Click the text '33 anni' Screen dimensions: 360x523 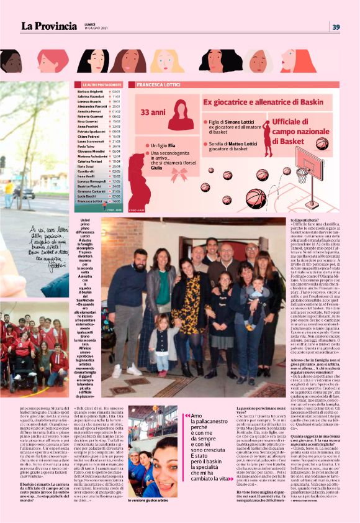153,113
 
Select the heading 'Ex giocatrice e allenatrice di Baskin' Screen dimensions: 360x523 263,101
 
